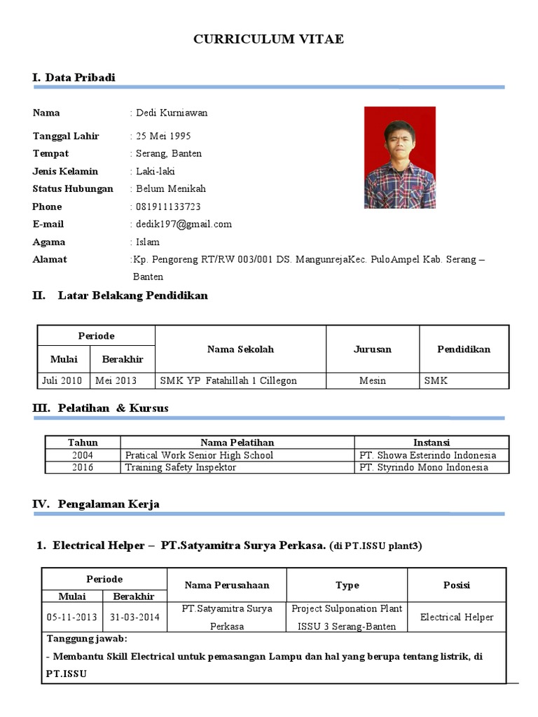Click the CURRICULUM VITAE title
(268, 40)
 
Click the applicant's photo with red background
(399, 158)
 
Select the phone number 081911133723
(167, 207)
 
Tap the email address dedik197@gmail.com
(183, 224)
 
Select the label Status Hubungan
(72, 189)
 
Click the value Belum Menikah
(170, 189)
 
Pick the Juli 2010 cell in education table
(62, 381)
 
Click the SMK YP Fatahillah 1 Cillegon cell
(228, 381)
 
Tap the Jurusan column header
(372, 349)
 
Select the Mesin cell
(372, 381)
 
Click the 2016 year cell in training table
(83, 468)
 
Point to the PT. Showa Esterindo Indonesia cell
(427, 455)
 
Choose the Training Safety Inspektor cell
(181, 468)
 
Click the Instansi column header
(431, 443)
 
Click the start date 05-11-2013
(72, 618)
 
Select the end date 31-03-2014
(134, 618)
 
